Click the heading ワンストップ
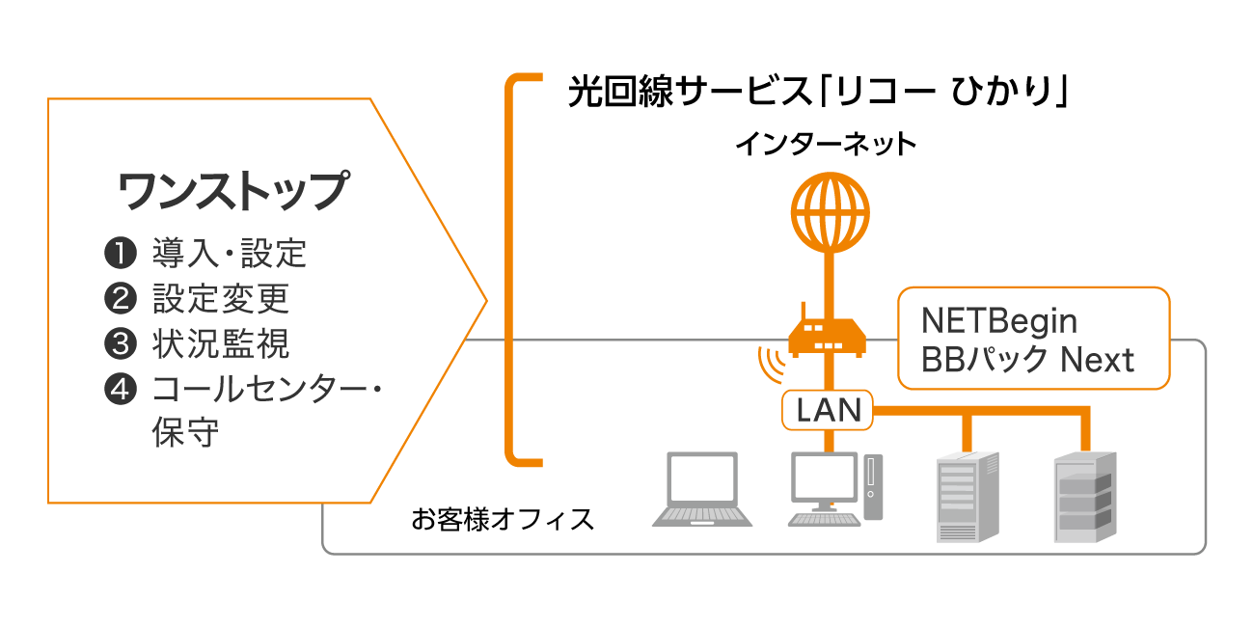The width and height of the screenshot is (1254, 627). tap(232, 190)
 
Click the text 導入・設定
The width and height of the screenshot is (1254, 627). tap(229, 254)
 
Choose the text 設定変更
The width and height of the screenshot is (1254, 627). tap(220, 299)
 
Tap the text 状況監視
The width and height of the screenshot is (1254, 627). tap(220, 344)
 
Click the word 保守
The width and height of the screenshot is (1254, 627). tap(185, 432)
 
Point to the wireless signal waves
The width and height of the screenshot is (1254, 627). tap(769, 365)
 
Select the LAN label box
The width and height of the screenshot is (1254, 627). tap(828, 411)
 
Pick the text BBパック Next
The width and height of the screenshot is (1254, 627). tap(1027, 361)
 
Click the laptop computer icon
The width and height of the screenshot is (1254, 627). tap(702, 489)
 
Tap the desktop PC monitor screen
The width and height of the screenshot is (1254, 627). tap(824, 477)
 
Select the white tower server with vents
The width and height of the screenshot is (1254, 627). tap(968, 497)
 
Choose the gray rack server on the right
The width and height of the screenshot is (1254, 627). tap(1084, 497)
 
